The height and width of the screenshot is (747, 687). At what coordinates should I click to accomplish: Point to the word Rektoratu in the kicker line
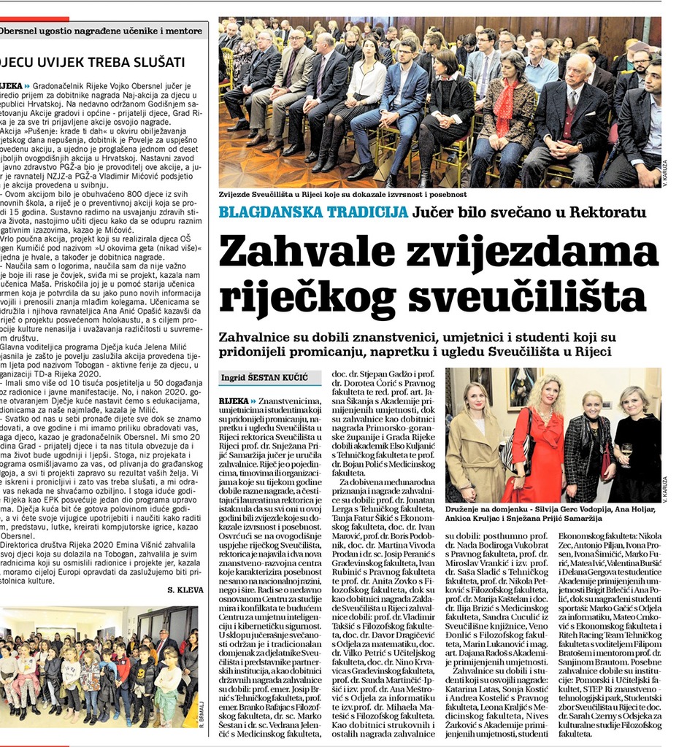tap(607, 212)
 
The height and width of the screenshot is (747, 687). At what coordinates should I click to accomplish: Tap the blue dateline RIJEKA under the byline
tap(234, 401)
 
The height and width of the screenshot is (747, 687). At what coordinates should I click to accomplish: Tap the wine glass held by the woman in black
tap(625, 453)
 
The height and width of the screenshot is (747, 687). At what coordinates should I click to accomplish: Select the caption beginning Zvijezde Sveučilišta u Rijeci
tap(342, 195)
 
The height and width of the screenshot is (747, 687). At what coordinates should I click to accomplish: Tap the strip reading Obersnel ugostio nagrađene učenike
tap(102, 31)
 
